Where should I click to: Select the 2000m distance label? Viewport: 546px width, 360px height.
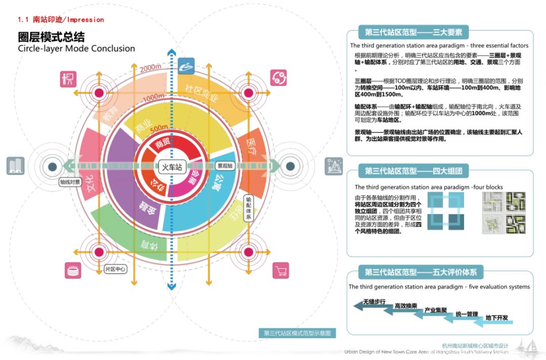coord(150,68)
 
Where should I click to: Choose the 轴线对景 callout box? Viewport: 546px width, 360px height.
coord(70,182)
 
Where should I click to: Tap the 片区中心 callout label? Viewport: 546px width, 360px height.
coord(115,269)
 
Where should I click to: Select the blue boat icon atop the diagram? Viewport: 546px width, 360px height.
coord(186,65)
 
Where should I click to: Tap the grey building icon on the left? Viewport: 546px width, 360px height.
coord(15,166)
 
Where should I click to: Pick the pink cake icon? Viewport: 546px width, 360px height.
coord(73,270)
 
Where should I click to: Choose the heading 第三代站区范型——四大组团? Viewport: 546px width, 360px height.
coord(414,171)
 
